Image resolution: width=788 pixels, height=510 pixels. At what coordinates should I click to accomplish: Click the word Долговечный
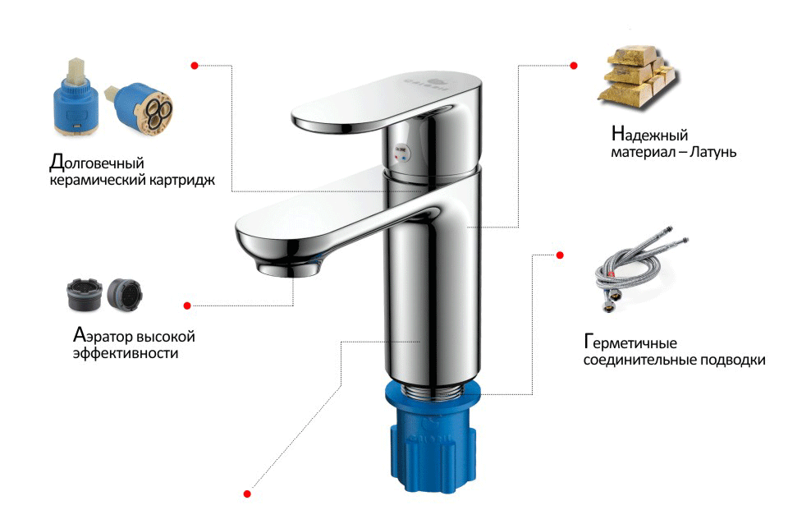[97, 163]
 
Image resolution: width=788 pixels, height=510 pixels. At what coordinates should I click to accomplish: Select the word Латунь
[712, 152]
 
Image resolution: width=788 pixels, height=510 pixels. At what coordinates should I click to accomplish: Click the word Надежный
[649, 135]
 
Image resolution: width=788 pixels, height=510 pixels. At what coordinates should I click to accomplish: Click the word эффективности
[126, 352]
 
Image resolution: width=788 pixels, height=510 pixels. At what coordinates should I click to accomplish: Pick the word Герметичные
[630, 342]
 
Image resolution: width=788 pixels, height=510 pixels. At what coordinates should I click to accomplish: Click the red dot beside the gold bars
[574, 66]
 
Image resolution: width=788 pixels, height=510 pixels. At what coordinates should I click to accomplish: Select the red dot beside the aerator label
[187, 306]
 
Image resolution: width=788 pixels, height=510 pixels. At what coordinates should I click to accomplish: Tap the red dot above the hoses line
[560, 255]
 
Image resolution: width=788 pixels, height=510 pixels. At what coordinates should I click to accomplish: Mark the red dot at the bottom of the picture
[247, 494]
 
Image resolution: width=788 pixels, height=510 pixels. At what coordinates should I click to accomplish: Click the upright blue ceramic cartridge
[76, 99]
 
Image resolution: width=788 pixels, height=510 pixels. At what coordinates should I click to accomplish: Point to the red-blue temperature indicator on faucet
[401, 154]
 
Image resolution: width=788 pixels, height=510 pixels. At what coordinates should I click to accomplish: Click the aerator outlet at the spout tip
[290, 268]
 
